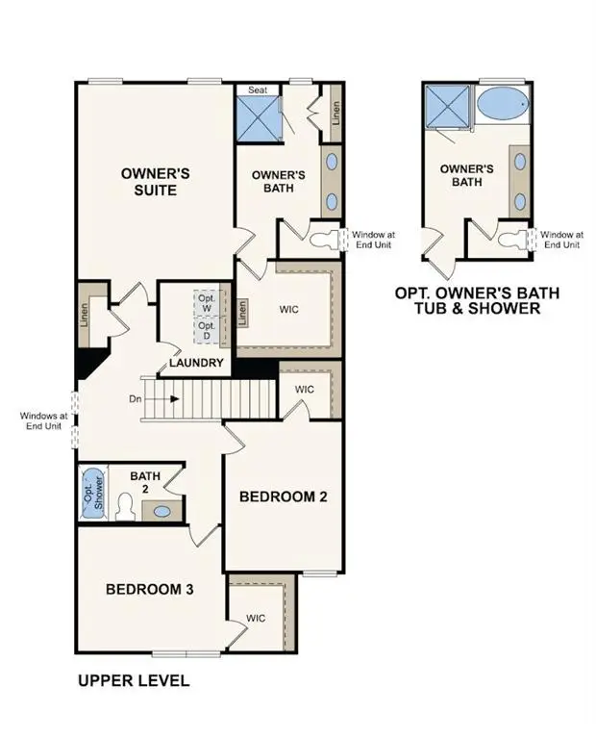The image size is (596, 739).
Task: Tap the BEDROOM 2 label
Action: [284, 497]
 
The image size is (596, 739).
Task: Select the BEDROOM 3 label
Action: [150, 588]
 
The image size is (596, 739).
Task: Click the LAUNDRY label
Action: [197, 363]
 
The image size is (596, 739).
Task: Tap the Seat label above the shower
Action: [259, 89]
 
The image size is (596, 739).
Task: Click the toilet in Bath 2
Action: [124, 507]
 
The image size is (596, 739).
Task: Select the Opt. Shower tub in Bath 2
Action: [92, 494]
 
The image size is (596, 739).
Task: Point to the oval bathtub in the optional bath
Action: [501, 103]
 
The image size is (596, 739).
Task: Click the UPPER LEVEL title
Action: [134, 680]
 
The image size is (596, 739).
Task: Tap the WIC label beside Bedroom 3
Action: [255, 618]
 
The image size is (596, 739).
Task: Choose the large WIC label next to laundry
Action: [290, 310]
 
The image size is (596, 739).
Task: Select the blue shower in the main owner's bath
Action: [259, 118]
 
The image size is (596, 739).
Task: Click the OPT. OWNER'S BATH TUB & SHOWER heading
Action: [477, 300]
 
